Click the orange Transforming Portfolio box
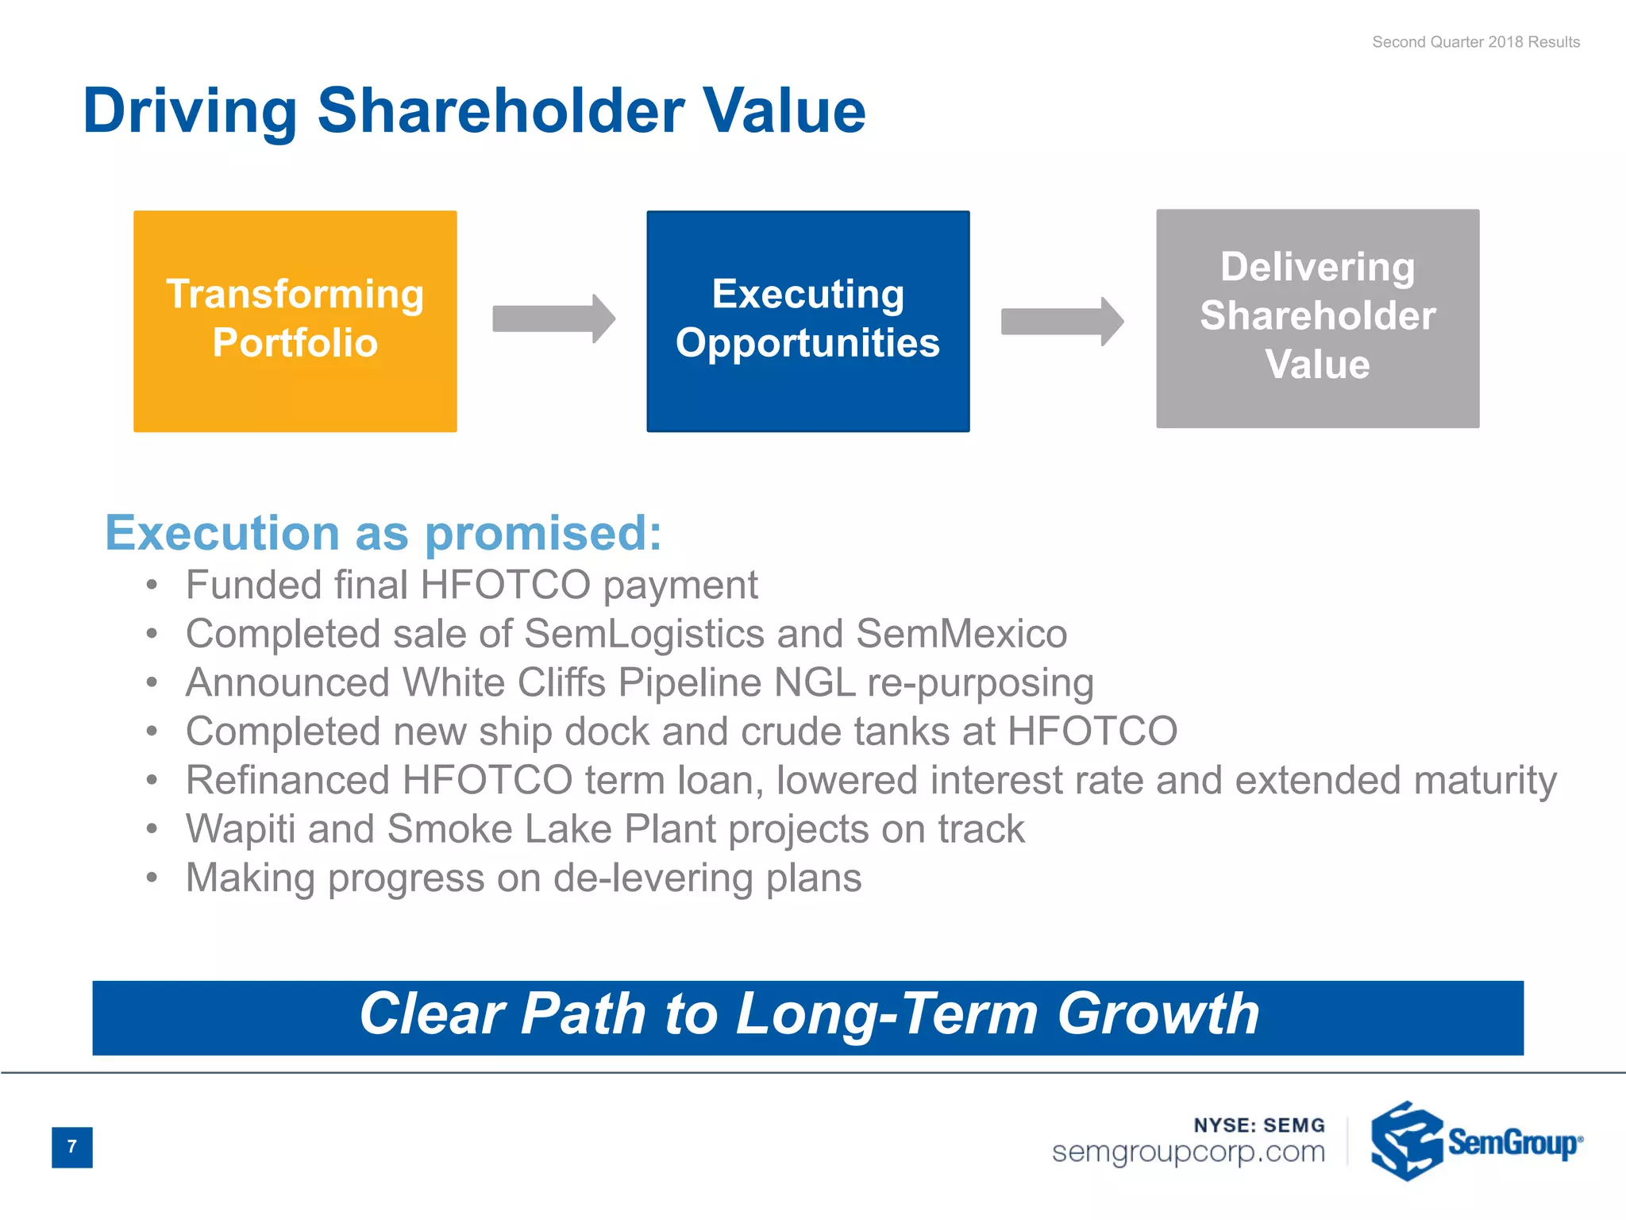pos(295,321)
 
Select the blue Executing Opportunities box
pos(807,321)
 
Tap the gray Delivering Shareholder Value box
pos(1317,318)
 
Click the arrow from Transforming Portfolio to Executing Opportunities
pos(553,319)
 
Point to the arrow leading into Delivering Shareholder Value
pos(1062,321)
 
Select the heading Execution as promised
pos(383,532)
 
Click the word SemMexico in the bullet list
pos(961,634)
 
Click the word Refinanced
pos(287,780)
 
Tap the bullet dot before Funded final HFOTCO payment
pos(152,586)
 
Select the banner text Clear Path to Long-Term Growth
pos(808,1014)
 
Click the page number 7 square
pos(71,1146)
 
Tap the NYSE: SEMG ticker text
pos(1258,1125)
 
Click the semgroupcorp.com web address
pos(1188,1152)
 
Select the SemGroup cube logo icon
pos(1405,1141)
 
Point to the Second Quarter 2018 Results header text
pos(1475,42)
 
